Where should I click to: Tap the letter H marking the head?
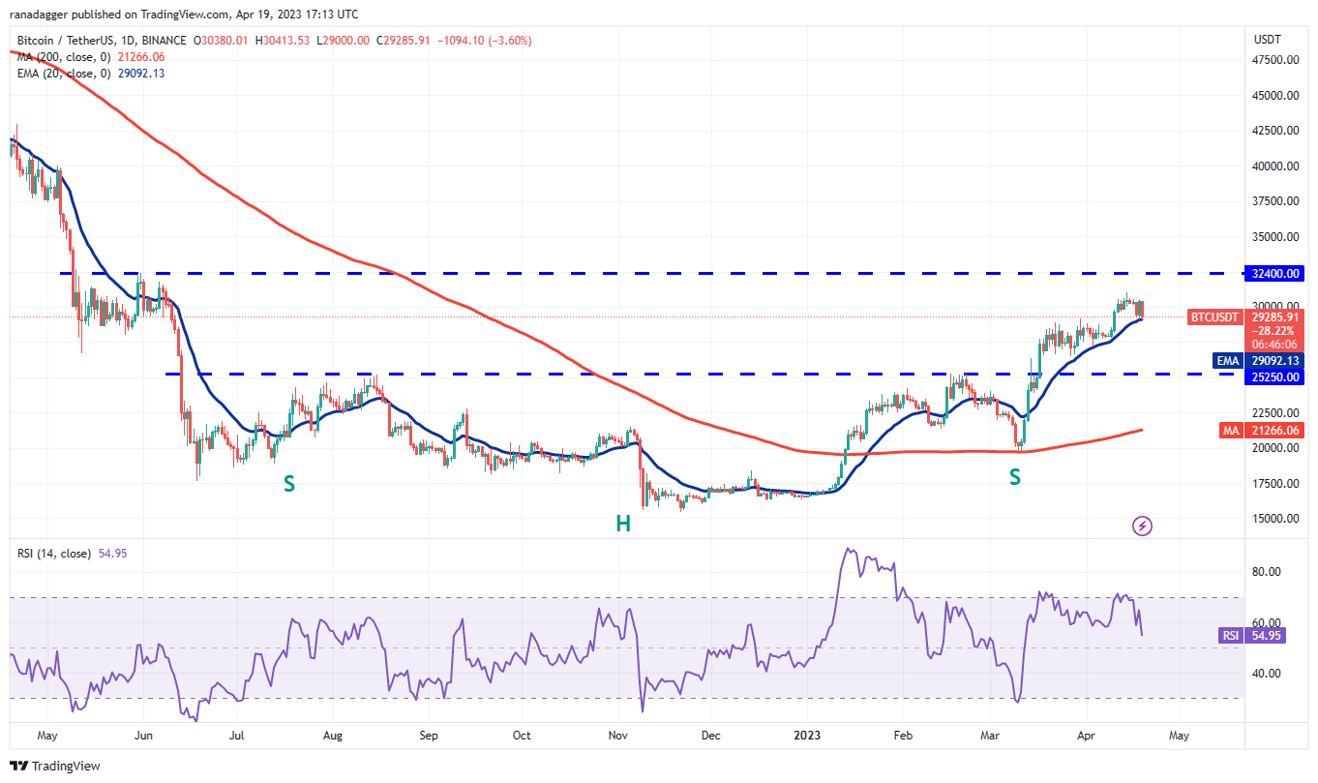[x=623, y=524]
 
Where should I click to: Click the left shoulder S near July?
[x=288, y=483]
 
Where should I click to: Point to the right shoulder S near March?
[x=1015, y=476]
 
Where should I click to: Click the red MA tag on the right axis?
[x=1226, y=430]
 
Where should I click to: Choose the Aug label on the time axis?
[x=332, y=736]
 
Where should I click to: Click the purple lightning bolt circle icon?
[x=1142, y=526]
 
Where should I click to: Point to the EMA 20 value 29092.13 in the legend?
[x=137, y=74]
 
